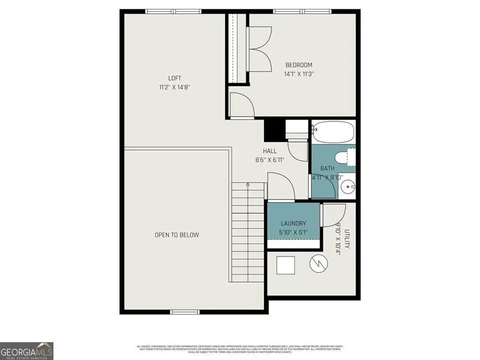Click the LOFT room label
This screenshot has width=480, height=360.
[x=175, y=78]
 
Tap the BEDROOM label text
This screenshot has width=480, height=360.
[x=299, y=65]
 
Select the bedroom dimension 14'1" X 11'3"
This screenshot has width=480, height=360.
[x=299, y=74]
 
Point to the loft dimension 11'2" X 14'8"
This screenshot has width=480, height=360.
[x=175, y=87]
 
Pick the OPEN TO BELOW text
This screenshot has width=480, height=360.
[x=177, y=235]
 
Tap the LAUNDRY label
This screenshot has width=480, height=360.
[x=293, y=223]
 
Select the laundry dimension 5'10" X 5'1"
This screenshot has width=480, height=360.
[x=293, y=232]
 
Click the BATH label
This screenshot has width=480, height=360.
[x=327, y=169]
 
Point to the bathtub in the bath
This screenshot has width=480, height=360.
[x=333, y=131]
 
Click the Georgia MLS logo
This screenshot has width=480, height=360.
[x=27, y=352]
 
